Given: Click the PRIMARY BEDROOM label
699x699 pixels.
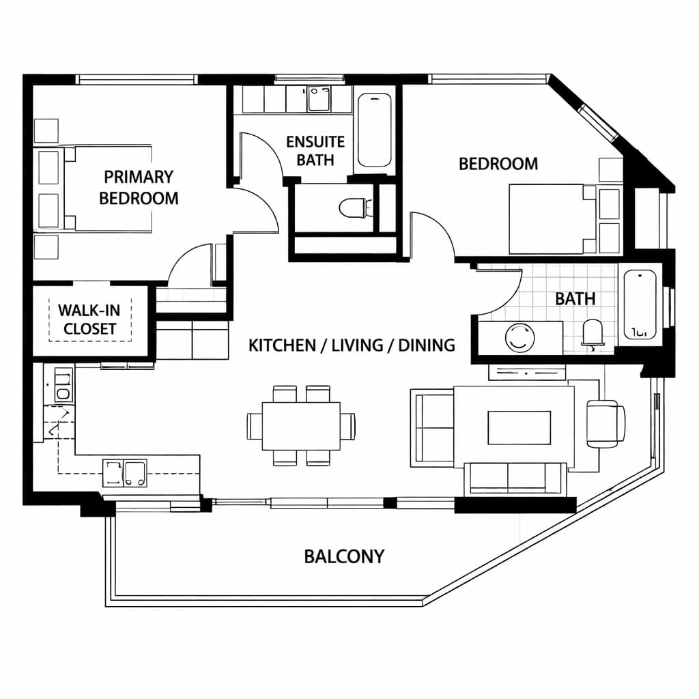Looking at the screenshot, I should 139,187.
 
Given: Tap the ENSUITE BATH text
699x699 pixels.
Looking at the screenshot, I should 315,150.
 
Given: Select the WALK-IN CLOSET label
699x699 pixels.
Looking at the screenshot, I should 89,319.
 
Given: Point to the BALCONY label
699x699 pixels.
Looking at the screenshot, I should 344,556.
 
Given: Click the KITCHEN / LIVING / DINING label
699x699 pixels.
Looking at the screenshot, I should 352,345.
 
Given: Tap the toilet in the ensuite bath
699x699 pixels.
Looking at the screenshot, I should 354,208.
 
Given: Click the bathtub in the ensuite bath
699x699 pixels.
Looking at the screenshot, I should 374,130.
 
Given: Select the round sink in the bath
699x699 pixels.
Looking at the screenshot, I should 519,337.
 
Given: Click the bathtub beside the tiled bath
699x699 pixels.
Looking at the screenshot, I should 640,304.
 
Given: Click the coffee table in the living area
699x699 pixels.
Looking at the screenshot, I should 519,427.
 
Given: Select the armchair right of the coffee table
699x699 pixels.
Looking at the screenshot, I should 605,423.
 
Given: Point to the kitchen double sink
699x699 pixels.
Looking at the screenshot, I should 124,473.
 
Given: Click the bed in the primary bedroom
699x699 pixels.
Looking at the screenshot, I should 109,188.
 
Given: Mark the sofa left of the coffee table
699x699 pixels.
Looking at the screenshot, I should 431,428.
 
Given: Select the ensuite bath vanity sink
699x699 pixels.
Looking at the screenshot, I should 318,99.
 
